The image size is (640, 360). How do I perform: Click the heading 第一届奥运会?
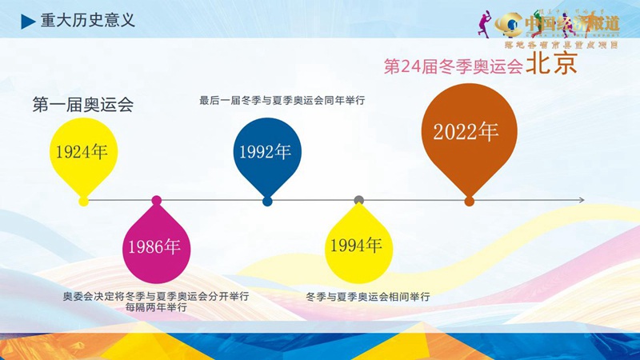coord(82,104)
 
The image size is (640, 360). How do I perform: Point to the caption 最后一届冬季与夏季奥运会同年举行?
coord(282,101)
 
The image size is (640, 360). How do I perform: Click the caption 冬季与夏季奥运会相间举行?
coord(368,297)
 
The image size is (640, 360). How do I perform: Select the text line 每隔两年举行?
coord(156,307)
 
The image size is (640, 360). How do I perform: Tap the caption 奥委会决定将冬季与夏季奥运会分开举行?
coord(156,296)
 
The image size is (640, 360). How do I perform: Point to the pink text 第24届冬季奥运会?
coord(454,66)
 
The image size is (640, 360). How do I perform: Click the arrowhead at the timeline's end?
coord(582,201)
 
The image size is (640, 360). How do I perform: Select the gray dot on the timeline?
coord(359,201)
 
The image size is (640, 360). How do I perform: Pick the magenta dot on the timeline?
coord(156,201)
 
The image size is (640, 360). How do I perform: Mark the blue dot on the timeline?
coord(267,201)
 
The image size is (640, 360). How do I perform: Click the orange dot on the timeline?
coord(469,201)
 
